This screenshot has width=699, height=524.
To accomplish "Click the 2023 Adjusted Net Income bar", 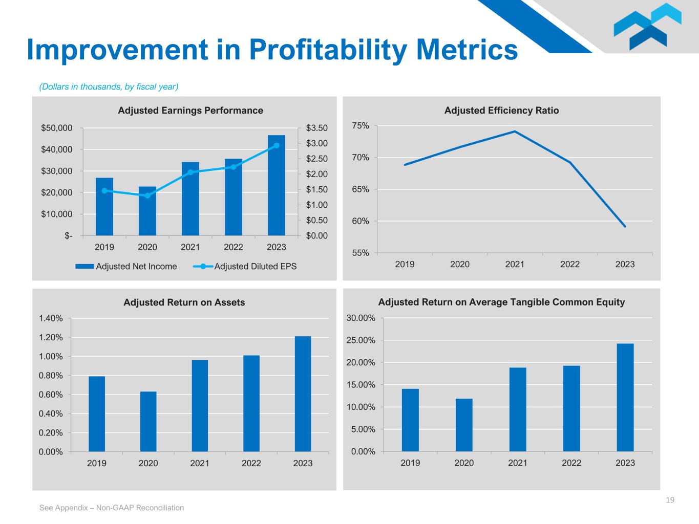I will [x=276, y=185].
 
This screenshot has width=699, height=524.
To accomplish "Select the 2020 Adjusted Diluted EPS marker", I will [x=147, y=195].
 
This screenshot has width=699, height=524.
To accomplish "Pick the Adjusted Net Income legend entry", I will [x=126, y=266].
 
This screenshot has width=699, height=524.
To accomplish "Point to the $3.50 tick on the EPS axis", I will [x=316, y=128].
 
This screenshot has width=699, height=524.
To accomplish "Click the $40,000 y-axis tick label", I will [x=57, y=149].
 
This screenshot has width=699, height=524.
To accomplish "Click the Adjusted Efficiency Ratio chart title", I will [x=501, y=111].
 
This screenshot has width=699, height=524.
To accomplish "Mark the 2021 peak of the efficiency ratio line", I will [x=515, y=132].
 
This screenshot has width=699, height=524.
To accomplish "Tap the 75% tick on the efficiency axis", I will [x=361, y=126].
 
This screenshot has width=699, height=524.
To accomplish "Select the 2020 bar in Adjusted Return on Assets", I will [x=148, y=422].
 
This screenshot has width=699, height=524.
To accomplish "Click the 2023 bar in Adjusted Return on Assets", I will [x=303, y=394].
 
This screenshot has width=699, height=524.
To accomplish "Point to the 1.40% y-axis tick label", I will [x=51, y=318].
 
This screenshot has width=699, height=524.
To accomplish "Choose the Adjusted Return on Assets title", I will [x=184, y=302].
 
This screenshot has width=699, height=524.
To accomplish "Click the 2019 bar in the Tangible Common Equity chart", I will [x=410, y=420].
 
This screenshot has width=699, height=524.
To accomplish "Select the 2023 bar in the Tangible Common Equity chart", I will [x=625, y=397].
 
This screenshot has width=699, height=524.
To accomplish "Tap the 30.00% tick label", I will [x=361, y=318].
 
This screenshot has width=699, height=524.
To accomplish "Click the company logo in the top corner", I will [x=647, y=27].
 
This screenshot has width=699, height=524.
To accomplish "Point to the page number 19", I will [x=670, y=500].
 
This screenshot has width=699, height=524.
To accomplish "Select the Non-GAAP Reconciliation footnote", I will [x=112, y=508].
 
